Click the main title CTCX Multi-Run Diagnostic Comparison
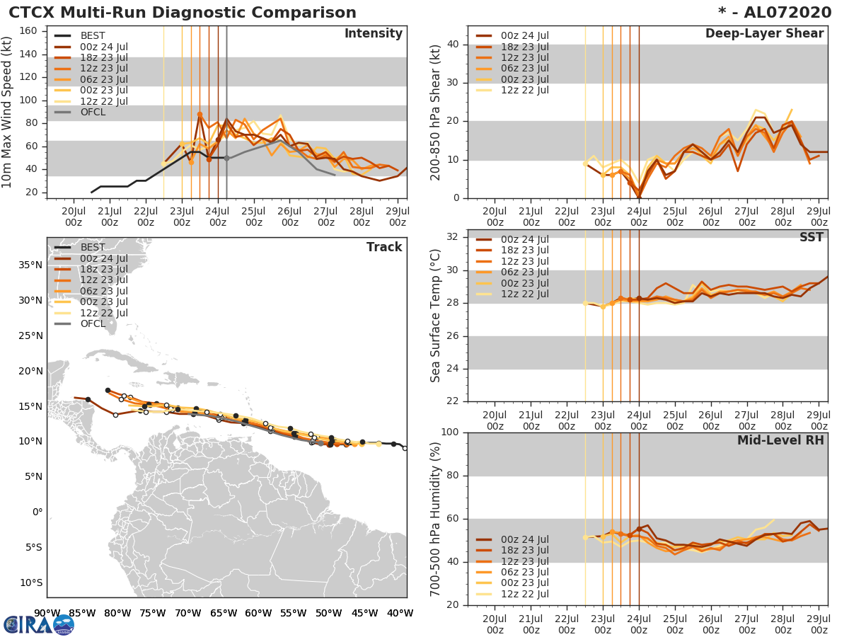[183, 13]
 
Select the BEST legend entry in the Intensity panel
[93, 35]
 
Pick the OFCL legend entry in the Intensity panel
[93, 112]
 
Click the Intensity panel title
[373, 34]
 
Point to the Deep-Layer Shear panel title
[764, 34]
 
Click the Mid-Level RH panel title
[780, 440]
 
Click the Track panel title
[383, 247]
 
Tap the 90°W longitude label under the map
[47, 613]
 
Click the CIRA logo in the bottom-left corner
[38, 624]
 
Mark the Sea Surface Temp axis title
[435, 315]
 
